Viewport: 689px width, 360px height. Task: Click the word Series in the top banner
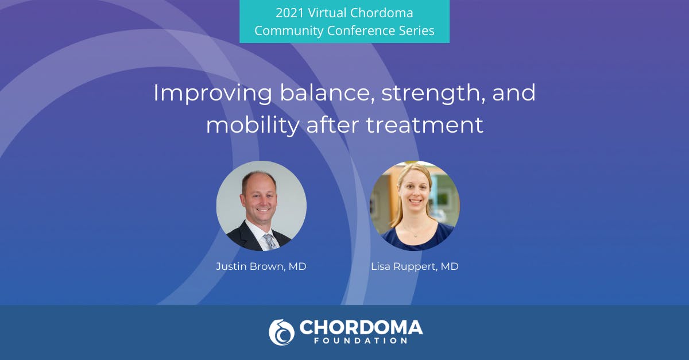416,30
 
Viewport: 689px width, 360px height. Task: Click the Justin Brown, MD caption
261,267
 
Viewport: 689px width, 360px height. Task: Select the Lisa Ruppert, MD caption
415,267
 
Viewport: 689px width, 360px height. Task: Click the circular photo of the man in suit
261,206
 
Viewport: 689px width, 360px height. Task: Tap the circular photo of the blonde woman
415,206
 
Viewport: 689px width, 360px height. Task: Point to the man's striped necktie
270,241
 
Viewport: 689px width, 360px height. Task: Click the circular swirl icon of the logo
281,332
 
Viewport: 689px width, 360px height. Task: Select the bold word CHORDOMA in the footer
361,328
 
